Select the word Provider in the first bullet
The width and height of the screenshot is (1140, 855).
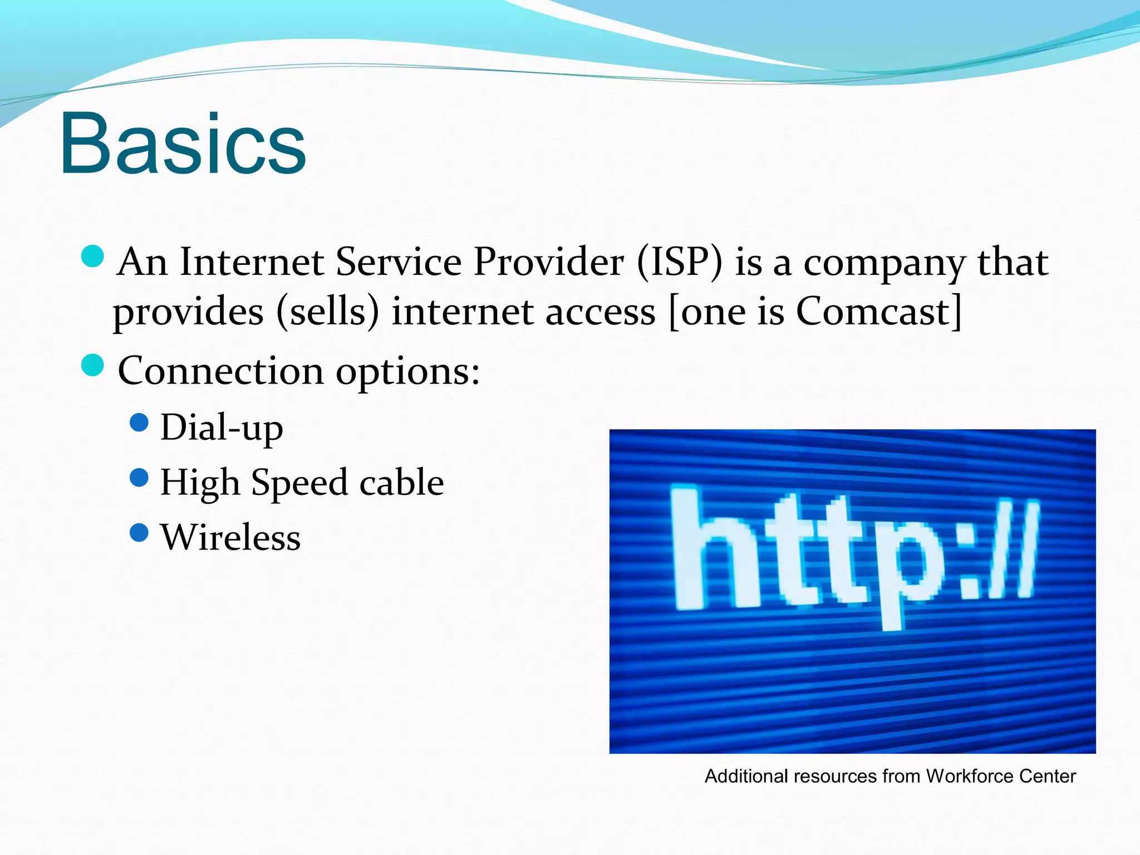pos(548,262)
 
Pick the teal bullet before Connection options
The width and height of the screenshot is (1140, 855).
pos(92,366)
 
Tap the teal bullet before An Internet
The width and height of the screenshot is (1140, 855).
pos(92,257)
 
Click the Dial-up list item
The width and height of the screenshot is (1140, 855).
pos(222,427)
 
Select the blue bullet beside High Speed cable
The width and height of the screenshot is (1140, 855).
pos(139,478)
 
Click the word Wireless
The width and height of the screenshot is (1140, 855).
pos(230,537)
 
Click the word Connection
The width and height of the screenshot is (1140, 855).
pos(220,371)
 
